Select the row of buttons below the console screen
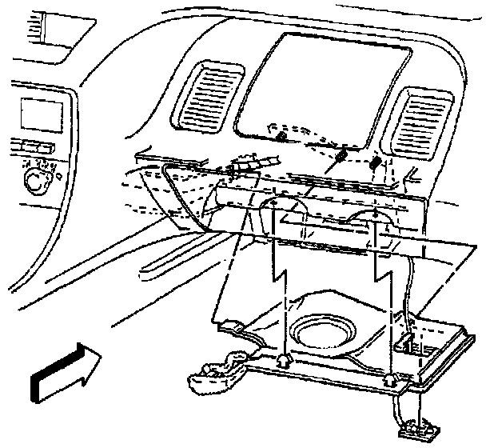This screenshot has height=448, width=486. (30, 147)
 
